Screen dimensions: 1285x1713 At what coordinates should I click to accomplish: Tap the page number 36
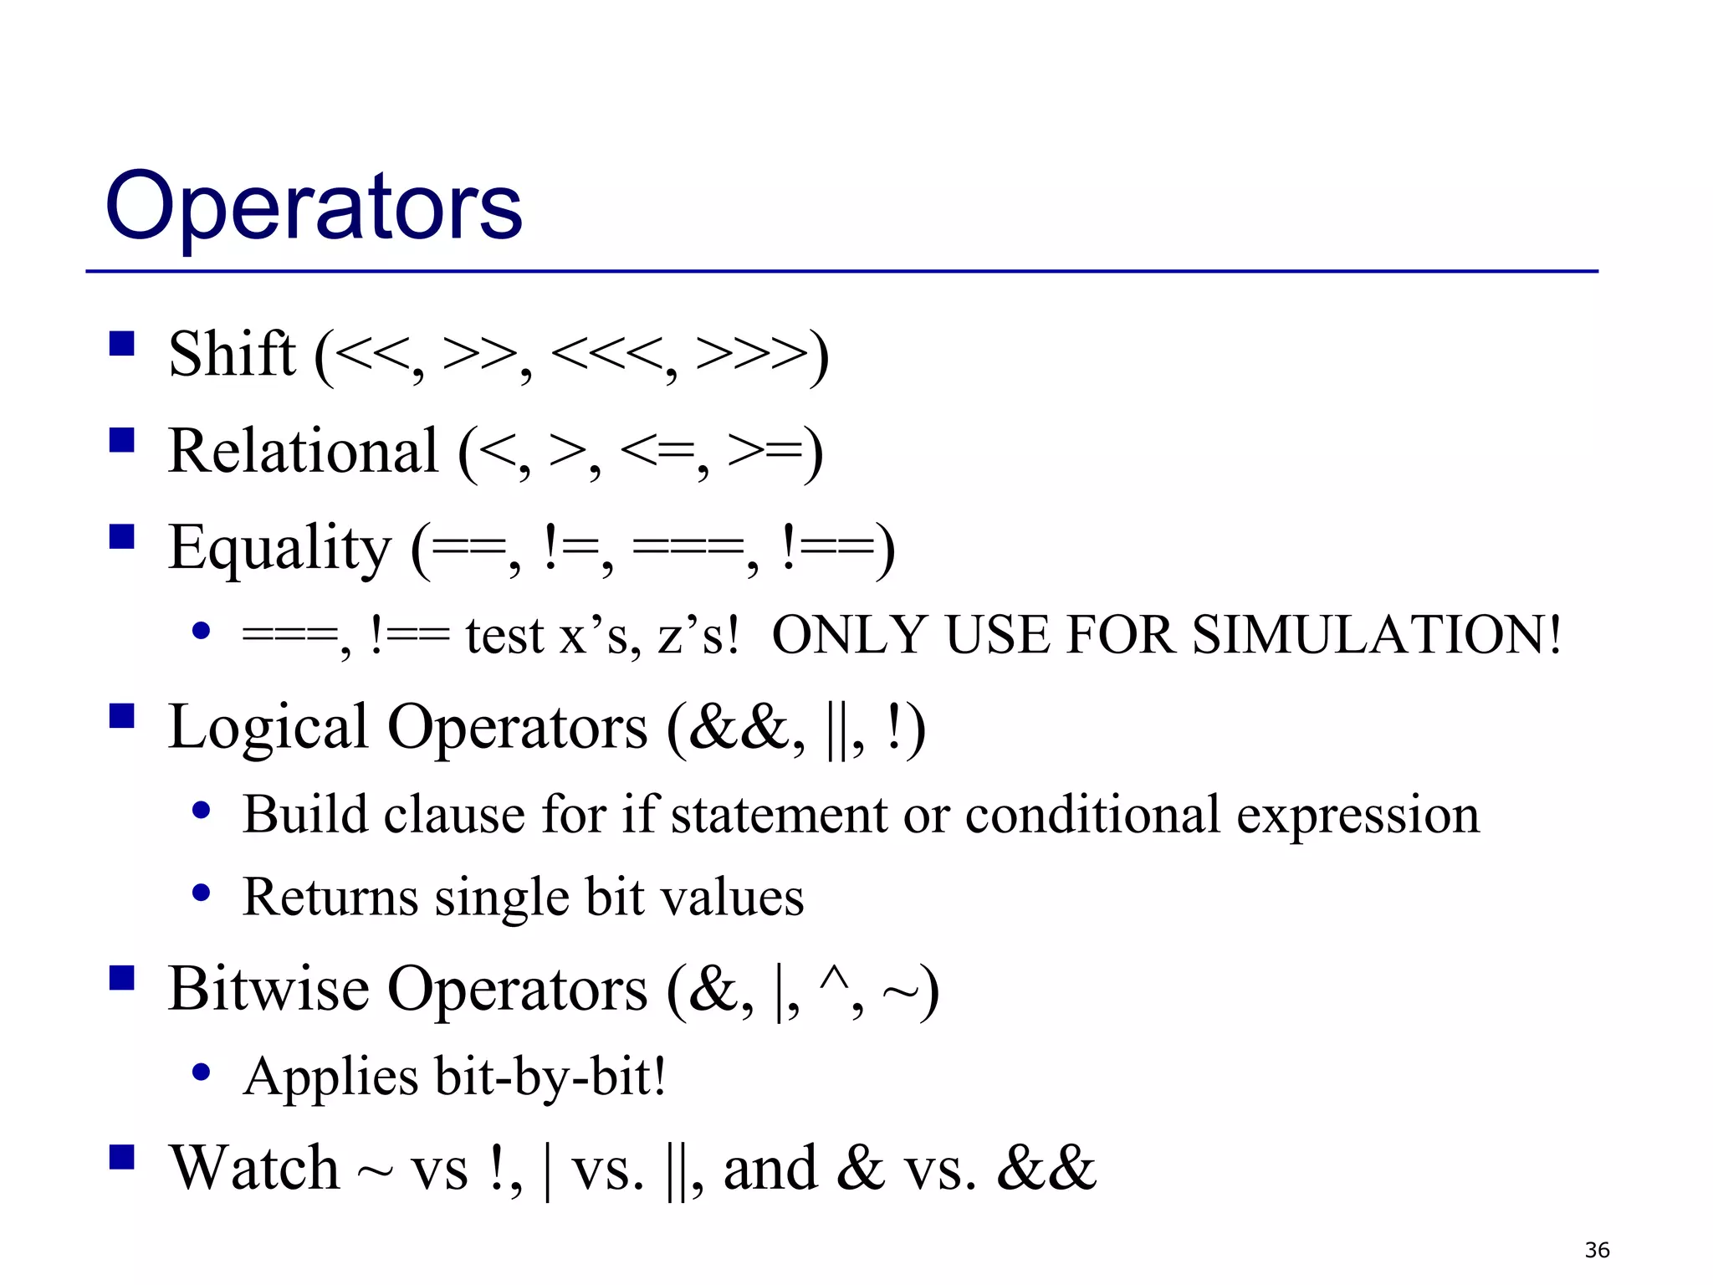click(x=1597, y=1251)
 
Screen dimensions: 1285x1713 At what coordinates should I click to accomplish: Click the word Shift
click(x=232, y=355)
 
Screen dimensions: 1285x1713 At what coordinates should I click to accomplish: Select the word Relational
click(x=303, y=452)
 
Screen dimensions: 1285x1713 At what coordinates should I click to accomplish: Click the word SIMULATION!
click(x=1377, y=635)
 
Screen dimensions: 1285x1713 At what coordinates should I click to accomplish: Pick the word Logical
click(x=268, y=727)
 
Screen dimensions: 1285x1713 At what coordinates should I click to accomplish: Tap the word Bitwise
click(x=268, y=990)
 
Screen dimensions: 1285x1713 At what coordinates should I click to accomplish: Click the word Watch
click(x=254, y=1168)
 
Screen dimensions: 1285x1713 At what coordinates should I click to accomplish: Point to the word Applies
click(x=331, y=1077)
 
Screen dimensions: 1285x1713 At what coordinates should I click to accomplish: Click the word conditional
click(x=1092, y=815)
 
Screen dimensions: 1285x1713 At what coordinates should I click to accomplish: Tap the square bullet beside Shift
click(x=122, y=344)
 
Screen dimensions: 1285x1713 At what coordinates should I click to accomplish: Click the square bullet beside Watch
click(x=122, y=1157)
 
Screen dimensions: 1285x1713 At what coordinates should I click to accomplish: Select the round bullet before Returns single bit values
click(x=201, y=893)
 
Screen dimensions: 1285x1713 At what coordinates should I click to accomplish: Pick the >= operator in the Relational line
click(x=763, y=452)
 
